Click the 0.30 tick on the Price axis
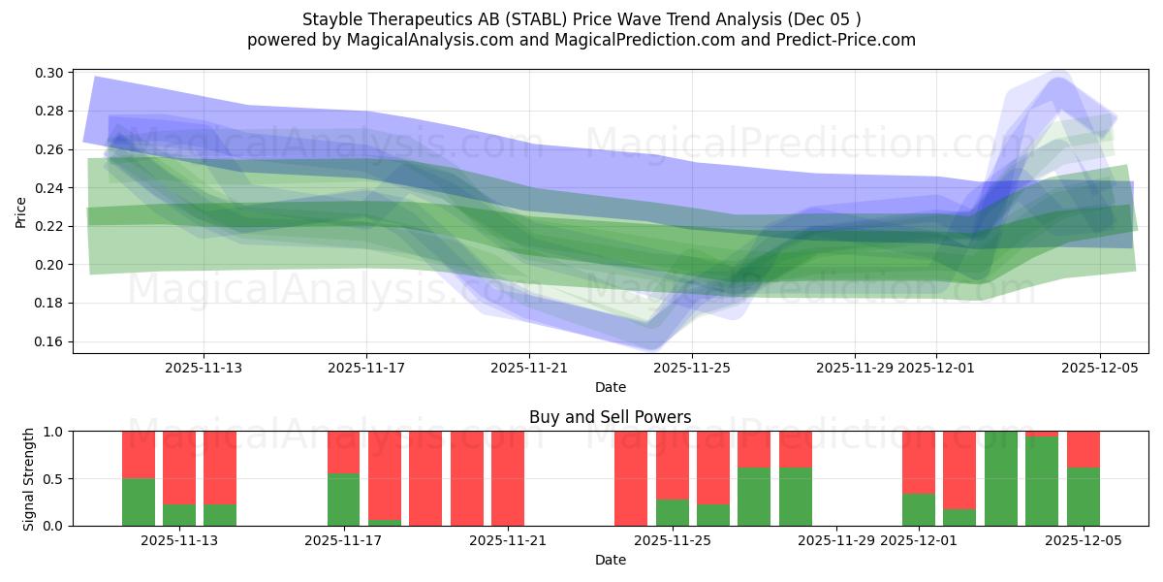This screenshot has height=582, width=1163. tap(50, 73)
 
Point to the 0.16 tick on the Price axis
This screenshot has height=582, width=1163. tap(50, 341)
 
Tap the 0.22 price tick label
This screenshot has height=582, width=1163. tap(50, 226)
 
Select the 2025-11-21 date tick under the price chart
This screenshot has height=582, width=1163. tap(529, 368)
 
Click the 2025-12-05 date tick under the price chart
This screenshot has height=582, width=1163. tap(1099, 368)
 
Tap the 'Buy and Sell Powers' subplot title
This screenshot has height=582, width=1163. tap(610, 417)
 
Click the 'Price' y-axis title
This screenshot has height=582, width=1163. tap(21, 211)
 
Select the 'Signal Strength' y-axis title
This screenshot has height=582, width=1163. tap(29, 478)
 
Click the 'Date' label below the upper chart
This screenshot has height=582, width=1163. tap(610, 387)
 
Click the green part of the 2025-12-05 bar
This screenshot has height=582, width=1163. tap(1084, 497)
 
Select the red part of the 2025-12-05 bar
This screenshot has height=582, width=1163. tap(1084, 449)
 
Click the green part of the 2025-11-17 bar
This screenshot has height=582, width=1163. tap(343, 500)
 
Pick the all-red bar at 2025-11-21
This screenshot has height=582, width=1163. tap(508, 478)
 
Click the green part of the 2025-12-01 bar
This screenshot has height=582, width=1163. tap(918, 510)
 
